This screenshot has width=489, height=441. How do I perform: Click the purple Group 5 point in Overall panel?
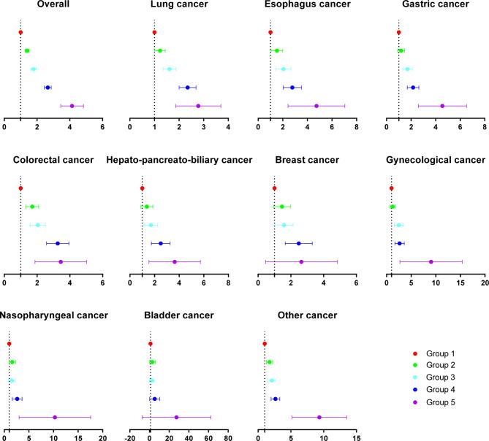[72, 106]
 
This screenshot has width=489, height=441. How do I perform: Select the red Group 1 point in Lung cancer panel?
[154, 33]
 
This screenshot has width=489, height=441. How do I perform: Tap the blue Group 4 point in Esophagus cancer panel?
[292, 88]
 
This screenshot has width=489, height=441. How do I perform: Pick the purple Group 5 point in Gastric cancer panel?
[442, 106]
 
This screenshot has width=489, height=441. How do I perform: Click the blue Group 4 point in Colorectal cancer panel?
[58, 243]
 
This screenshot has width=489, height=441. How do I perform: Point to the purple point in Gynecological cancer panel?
[431, 261]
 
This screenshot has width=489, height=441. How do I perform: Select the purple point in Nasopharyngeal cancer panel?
[55, 417]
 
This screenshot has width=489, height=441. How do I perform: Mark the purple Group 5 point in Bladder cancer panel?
[176, 417]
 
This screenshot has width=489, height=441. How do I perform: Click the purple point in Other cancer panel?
[319, 417]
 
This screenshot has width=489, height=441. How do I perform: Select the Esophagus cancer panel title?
[308, 5]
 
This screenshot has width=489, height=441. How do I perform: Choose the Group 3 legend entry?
[450, 380]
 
